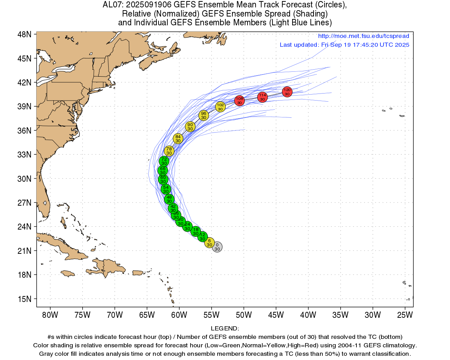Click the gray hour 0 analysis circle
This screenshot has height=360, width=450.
217,247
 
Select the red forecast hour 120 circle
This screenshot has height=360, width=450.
287,92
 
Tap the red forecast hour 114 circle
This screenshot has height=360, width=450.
262,97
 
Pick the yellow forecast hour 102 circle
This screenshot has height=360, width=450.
220,107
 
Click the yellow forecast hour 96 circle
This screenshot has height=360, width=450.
204,115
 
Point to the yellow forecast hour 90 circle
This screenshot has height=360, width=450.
190,127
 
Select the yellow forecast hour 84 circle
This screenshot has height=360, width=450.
178,139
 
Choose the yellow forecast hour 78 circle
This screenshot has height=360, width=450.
169,151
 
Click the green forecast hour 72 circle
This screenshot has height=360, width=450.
164,161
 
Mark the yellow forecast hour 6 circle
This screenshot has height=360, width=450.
210,243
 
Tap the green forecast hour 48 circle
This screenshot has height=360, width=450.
169,199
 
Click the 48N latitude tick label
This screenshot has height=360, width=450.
24,34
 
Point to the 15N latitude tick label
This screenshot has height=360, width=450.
24,299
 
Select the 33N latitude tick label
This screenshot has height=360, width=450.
24,155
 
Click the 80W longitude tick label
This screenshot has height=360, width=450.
50,315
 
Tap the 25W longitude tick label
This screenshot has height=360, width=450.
405,315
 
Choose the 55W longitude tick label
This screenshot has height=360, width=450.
211,315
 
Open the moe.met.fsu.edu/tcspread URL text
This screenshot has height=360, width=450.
364,36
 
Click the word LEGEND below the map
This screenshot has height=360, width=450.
224,328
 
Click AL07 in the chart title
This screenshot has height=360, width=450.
112,5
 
